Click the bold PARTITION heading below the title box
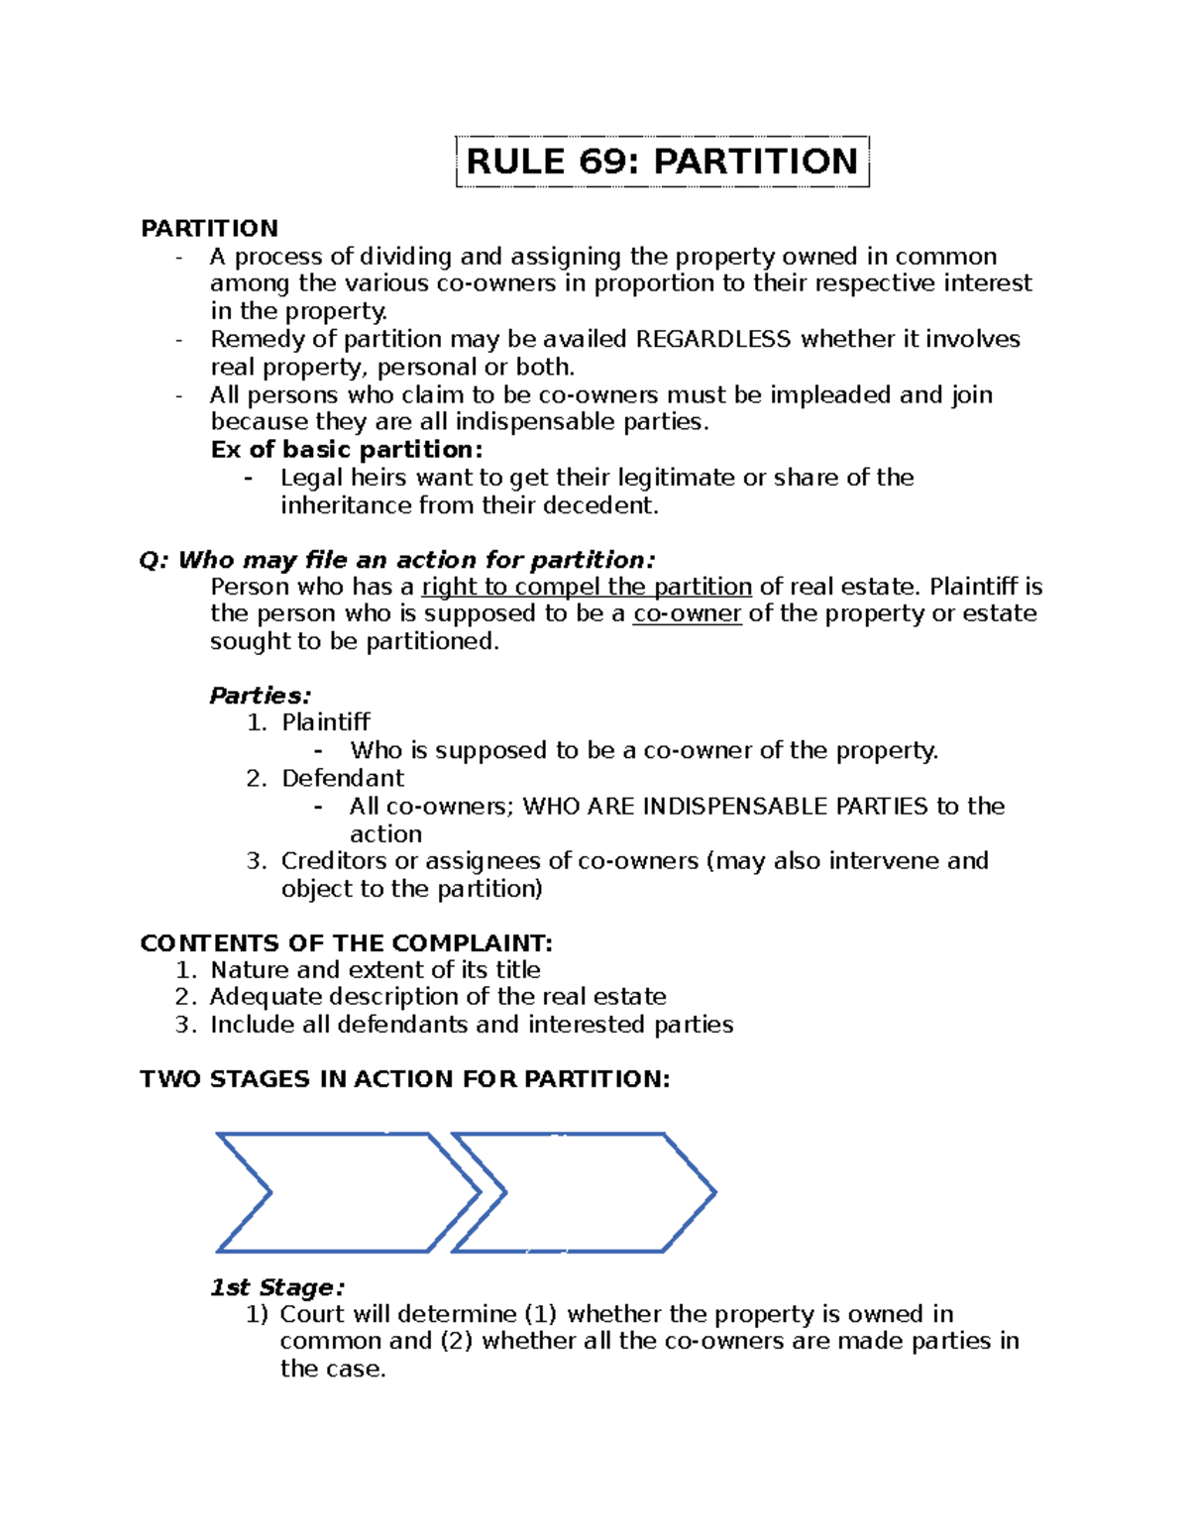(x=209, y=229)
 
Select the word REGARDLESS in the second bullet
(x=712, y=340)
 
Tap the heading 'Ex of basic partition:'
(x=347, y=450)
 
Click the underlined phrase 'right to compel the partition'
(x=587, y=587)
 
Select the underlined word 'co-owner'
(x=687, y=613)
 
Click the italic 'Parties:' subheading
(x=260, y=696)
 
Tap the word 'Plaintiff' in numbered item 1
(x=326, y=722)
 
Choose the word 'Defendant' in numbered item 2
(x=343, y=778)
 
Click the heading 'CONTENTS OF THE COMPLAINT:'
(x=346, y=942)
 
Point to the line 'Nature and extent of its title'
(x=376, y=970)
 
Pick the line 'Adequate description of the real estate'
(x=437, y=997)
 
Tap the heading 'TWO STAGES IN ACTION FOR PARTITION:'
(x=404, y=1079)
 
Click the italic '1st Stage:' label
(x=277, y=1287)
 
